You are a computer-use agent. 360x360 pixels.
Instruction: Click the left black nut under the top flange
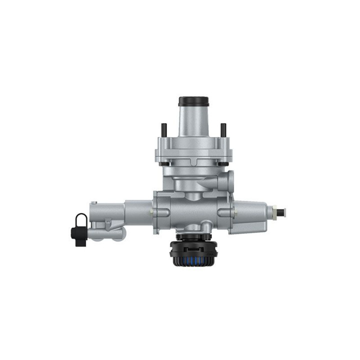pos(164,162)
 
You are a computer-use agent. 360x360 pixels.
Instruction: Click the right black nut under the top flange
pos(221,162)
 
